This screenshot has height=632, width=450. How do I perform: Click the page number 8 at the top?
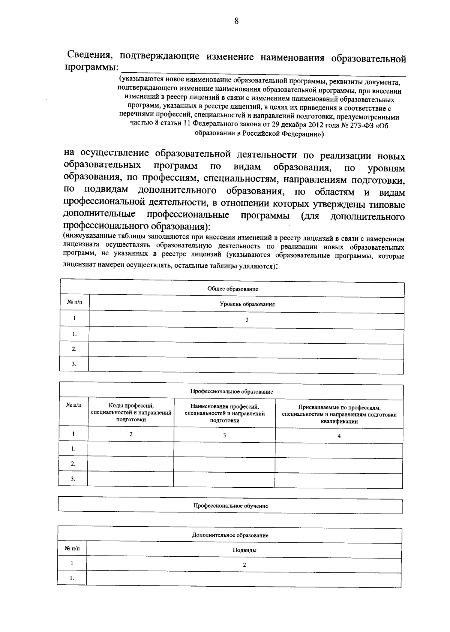coord(236,21)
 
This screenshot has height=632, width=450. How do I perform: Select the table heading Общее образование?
coord(232,289)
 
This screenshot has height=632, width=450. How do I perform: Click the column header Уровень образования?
coord(247,304)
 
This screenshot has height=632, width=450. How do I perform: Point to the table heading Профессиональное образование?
coord(231,391)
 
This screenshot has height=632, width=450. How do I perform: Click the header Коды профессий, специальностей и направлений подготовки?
coord(131,413)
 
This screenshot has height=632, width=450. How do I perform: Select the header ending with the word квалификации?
coord(339,415)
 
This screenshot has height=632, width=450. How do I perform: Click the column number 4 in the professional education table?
coord(339,436)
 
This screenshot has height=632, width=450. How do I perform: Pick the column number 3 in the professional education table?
coord(224,436)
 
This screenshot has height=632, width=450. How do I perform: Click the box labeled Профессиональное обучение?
coord(230,506)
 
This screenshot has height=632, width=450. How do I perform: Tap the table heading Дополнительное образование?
coord(230,535)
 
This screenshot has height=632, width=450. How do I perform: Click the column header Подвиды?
coord(244,550)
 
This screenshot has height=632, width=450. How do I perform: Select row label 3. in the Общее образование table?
coord(74,364)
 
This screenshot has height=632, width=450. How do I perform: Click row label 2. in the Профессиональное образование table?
coord(73,464)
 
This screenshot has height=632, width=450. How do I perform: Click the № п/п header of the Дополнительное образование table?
coord(72,548)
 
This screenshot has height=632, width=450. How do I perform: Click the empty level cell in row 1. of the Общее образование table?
coord(246,334)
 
